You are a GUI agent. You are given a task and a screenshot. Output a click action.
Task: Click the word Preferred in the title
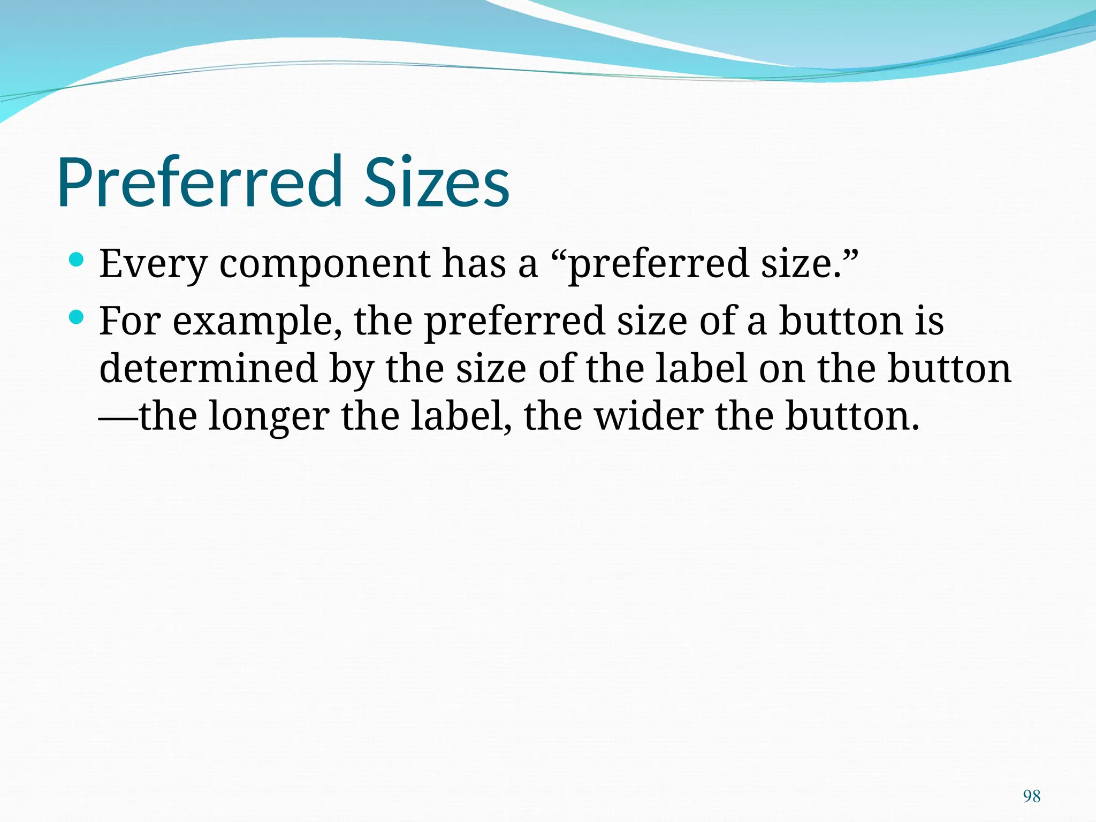199,181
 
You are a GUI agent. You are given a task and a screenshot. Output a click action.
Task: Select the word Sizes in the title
436,181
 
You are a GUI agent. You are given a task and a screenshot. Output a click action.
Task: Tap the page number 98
1031,796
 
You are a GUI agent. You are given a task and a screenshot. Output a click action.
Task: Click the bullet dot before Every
77,261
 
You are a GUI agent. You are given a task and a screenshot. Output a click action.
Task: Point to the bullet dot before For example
77,318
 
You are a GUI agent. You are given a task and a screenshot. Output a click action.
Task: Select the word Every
153,264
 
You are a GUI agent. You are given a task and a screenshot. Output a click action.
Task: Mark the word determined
209,369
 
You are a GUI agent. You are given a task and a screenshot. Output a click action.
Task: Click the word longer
269,417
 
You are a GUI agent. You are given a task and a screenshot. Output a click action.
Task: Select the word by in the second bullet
351,370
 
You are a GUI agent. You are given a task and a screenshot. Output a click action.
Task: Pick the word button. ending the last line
853,416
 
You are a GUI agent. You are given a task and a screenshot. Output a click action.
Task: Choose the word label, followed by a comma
460,416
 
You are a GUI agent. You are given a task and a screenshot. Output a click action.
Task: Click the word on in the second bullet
782,370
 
